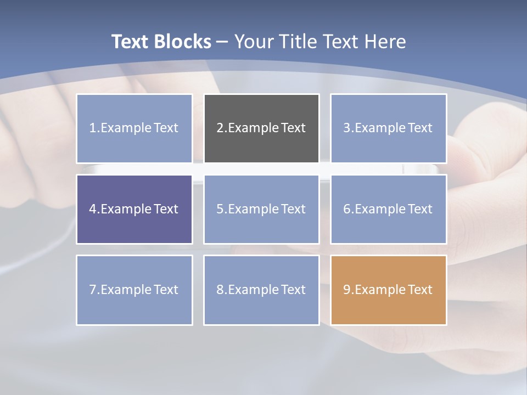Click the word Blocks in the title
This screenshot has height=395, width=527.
point(184,42)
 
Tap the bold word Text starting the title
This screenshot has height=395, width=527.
point(131,42)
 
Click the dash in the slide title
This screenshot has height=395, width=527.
point(222,42)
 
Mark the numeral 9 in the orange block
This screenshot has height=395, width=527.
point(346,290)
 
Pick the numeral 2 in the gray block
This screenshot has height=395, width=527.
point(220,128)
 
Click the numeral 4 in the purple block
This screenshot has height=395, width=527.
point(93,209)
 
